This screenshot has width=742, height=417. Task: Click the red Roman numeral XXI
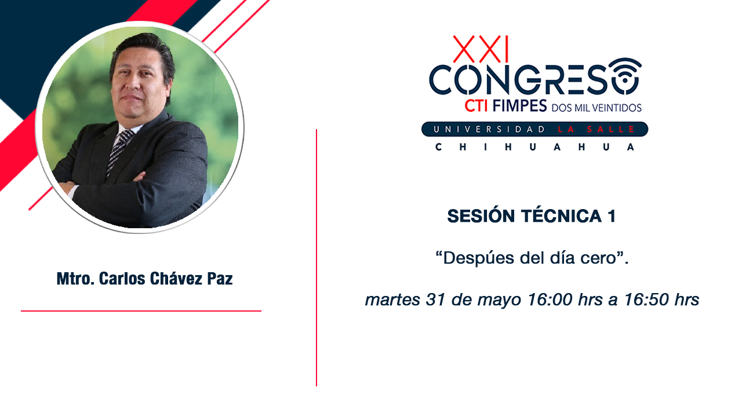pos(481,49)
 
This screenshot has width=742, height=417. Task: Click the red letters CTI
pos(477,106)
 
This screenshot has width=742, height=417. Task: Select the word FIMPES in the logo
pos(519,106)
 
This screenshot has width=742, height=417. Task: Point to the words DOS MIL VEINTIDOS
pos(596,108)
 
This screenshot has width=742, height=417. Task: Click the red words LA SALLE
pos(596,129)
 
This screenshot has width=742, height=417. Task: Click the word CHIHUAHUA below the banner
pos(534,147)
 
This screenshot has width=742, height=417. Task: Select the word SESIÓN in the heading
pos(481,216)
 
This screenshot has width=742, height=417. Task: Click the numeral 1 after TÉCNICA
pos(612,217)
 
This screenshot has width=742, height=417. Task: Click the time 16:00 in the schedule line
pos(550,299)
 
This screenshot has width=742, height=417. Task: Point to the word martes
pos(392,300)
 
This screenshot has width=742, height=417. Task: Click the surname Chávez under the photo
pos(176,279)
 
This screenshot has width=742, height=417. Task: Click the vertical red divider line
pos(317,258)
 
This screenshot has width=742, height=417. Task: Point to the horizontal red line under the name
pos(141,311)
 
